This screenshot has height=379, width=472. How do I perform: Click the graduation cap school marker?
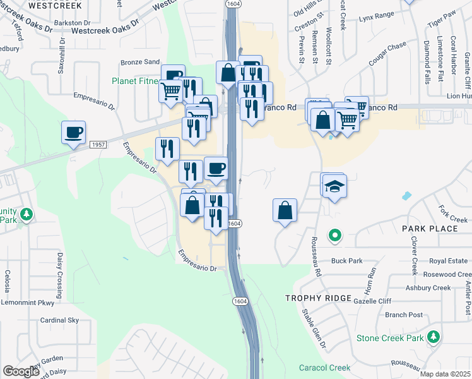coord(334,186)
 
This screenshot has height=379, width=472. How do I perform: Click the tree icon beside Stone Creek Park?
coord(433,338)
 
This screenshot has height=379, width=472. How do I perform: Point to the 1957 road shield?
coord(97,145)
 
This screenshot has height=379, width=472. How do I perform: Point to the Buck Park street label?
coord(347,260)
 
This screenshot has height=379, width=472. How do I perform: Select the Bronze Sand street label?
coord(141,62)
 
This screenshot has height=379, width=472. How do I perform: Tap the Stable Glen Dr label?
coord(314,328)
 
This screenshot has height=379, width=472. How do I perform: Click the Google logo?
coord(21,371)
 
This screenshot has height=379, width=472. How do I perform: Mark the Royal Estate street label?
coord(448,261)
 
